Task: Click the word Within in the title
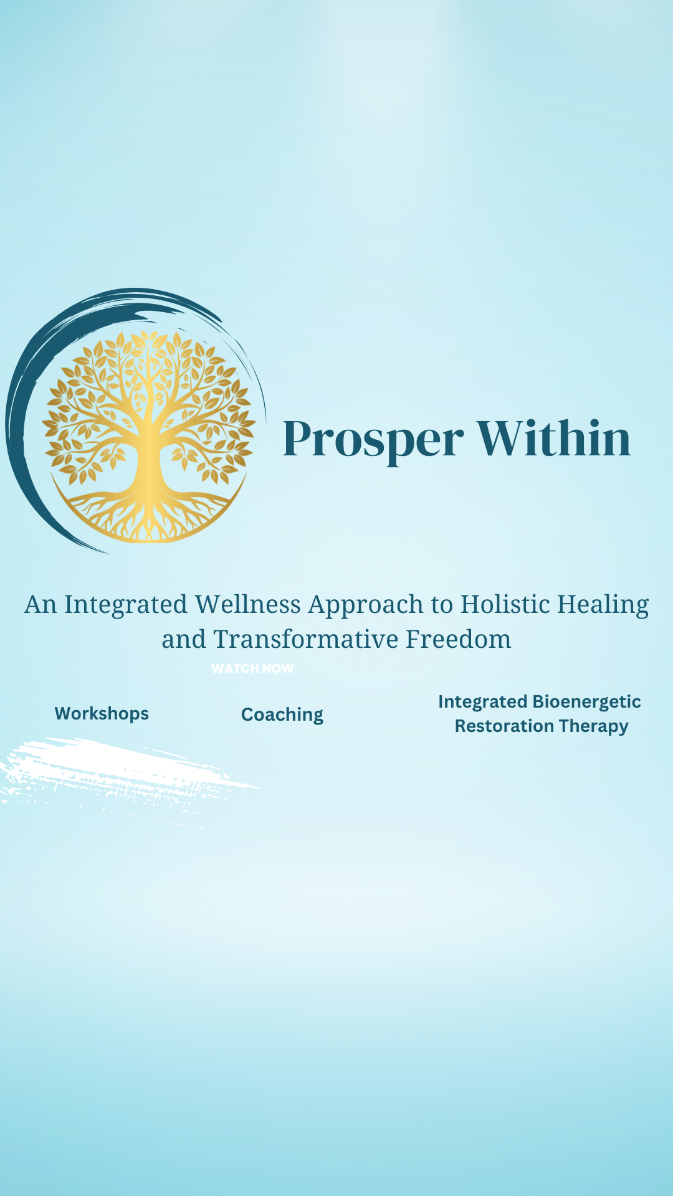click(554, 438)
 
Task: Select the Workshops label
click(102, 714)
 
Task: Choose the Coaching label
click(282, 715)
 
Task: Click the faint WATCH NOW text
click(252, 668)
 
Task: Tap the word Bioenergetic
click(587, 702)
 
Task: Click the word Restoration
click(504, 726)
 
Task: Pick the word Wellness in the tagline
click(247, 604)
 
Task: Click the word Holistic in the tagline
click(505, 604)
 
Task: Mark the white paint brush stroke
click(125, 779)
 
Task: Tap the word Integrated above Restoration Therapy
click(483, 703)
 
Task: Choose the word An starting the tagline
click(41, 604)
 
